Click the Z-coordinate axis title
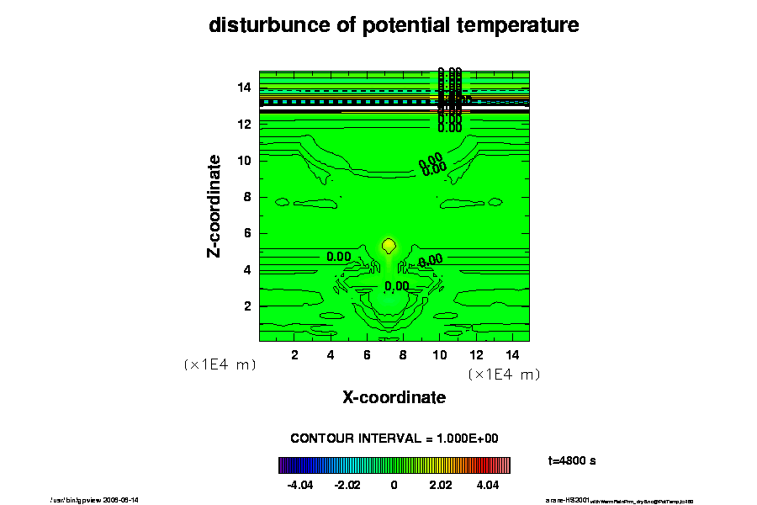tap(215, 205)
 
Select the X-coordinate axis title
tap(394, 396)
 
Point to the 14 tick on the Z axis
tap(245, 87)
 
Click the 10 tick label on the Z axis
tap(245, 160)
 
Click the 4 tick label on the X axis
tap(331, 354)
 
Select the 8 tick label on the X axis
tap(403, 354)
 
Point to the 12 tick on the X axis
tap(476, 354)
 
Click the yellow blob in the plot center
tap(389, 245)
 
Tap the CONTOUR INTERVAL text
tap(394, 439)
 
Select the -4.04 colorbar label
tap(300, 485)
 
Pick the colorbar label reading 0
tap(394, 485)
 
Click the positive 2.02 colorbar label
tap(441, 485)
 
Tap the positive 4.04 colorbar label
tap(487, 485)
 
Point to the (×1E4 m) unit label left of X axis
tap(220, 365)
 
